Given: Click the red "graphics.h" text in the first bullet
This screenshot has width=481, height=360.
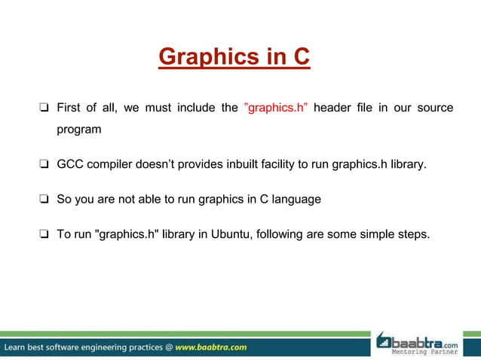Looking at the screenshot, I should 276,108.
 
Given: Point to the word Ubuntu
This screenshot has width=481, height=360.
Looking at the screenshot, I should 231,234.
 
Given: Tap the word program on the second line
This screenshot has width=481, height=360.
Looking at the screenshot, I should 79,130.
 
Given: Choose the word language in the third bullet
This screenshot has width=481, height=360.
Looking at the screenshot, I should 296,199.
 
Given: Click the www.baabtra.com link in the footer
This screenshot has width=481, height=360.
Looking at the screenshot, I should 210,347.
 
